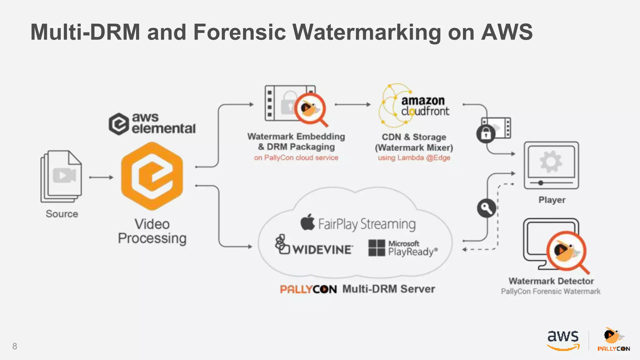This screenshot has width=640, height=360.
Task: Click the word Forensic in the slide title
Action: pos(239,32)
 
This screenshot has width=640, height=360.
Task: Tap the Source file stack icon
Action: pos(61,177)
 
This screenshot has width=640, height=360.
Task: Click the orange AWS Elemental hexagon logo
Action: pos(152,176)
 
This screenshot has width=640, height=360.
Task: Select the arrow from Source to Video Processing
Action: pos(101,177)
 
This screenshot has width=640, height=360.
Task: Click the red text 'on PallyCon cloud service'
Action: pos(296,158)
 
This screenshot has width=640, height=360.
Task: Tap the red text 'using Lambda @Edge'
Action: pos(414,158)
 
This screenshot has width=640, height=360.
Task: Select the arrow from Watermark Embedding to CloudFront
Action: pos(352,104)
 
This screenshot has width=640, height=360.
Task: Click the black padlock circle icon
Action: pos(485,134)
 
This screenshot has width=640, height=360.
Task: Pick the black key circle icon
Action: pos(486,208)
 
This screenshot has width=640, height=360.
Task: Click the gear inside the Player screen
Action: pos(551,162)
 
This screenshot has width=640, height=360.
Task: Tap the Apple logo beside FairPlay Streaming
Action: pos(307,222)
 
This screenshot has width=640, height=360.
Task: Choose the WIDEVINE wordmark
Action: pos(322,249)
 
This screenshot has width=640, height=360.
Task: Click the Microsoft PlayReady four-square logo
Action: pos(377,248)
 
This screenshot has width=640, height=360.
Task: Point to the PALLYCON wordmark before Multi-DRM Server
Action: pos(308,289)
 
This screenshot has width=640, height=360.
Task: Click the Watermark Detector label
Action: pos(551,281)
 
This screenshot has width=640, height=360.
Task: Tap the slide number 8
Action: pos(15,346)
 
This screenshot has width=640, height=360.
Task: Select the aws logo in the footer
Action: pos(563,340)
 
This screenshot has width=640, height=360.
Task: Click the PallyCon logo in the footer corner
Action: pos(613,339)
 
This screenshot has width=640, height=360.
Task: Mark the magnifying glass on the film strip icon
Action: pos(310,109)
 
